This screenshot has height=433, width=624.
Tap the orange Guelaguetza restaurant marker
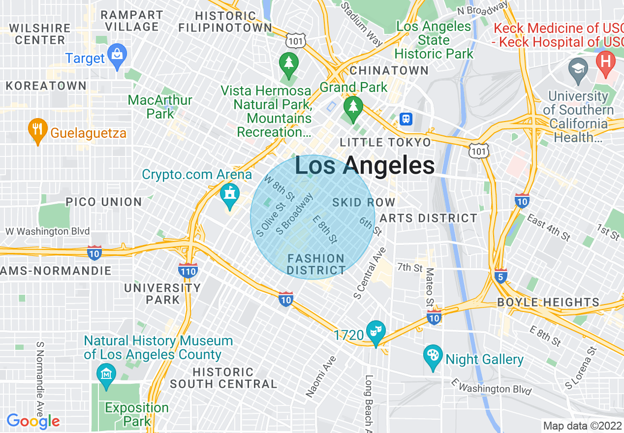pos(38,130)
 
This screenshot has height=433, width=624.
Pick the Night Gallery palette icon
pos(433,358)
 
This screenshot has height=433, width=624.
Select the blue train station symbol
pos(406,119)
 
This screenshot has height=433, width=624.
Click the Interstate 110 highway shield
pos(188,270)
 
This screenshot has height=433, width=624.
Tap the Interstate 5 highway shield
pos(500,277)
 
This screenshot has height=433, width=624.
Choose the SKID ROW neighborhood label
pos(364,202)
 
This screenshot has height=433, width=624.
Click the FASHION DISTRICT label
pos(316,264)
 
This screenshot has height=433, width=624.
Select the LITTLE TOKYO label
pos(385,143)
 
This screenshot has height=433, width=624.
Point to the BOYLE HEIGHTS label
pos(548,302)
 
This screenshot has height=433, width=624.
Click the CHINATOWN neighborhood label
pos(389,70)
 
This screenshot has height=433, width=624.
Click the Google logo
pos(33,421)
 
